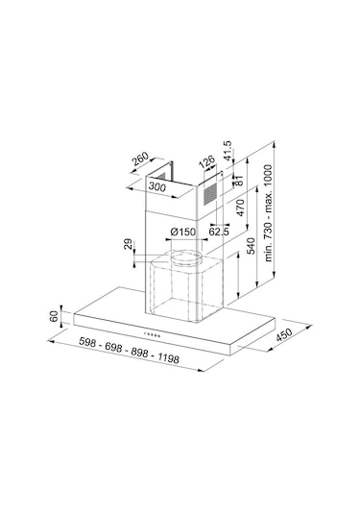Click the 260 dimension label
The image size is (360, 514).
click(x=140, y=159)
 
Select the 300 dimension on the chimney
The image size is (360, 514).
click(x=157, y=186)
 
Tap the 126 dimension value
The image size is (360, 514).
click(x=207, y=162)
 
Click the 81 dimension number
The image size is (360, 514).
click(x=239, y=180)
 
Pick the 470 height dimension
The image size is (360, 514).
click(x=241, y=208)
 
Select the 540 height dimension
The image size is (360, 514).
click(x=251, y=246)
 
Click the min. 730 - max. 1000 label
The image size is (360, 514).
click(x=268, y=213)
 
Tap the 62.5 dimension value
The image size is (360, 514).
click(x=219, y=232)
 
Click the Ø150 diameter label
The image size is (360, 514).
click(x=182, y=233)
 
